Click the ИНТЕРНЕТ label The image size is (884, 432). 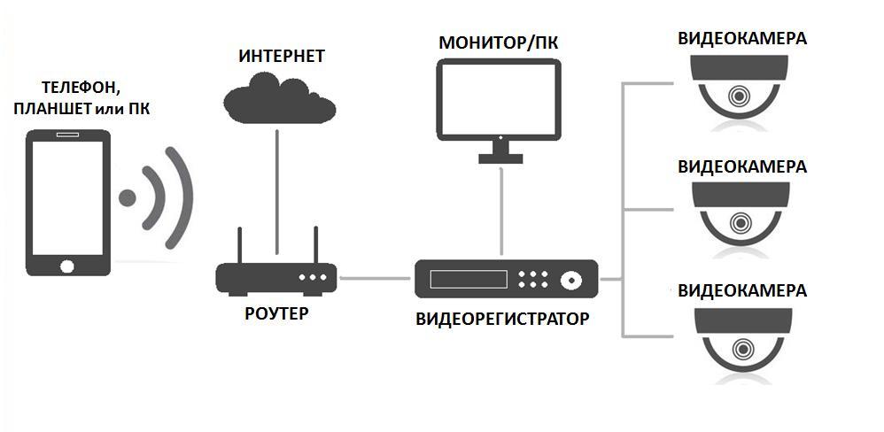coord(282,57)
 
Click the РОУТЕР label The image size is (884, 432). coord(275,313)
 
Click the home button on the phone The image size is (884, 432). coord(68,265)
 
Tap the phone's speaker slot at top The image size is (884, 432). coord(68,136)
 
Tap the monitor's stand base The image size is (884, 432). coord(502,158)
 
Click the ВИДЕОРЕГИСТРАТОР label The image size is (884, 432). coord(501,319)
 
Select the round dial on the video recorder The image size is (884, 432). coord(570,280)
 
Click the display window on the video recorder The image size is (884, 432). coord(469,279)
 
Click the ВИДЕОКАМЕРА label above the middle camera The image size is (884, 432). coord(741,166)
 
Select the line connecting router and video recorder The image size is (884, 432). coord(376,279)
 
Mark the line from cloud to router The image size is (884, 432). coord(277,186)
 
